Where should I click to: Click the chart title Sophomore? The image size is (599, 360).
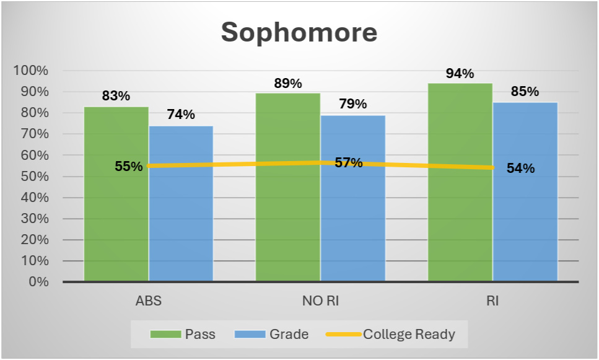click(x=299, y=32)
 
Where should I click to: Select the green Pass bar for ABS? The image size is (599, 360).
click(x=116, y=194)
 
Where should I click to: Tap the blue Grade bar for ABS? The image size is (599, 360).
click(x=181, y=204)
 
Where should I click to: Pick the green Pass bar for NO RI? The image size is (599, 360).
click(x=288, y=187)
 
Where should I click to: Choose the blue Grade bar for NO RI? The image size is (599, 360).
click(x=353, y=198)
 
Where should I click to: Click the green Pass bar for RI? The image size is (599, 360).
click(x=460, y=182)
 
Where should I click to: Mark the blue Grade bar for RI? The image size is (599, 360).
click(x=525, y=192)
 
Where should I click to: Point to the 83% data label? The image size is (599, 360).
click(x=116, y=95)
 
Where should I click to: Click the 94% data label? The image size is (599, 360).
click(x=460, y=73)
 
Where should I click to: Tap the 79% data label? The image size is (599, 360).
click(x=353, y=103)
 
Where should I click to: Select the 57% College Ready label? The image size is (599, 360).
click(x=349, y=163)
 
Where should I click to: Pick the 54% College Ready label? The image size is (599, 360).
click(x=521, y=168)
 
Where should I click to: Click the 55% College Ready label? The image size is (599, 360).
click(x=129, y=166)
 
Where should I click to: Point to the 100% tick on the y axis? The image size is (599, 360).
click(x=31, y=70)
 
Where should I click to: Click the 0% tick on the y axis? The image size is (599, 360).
click(x=39, y=282)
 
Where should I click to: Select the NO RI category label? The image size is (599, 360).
click(x=320, y=301)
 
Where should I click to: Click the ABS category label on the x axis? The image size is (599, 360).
click(x=149, y=301)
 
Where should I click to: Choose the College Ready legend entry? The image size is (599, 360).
click(x=390, y=335)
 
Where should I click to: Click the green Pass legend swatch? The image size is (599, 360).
click(x=165, y=335)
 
